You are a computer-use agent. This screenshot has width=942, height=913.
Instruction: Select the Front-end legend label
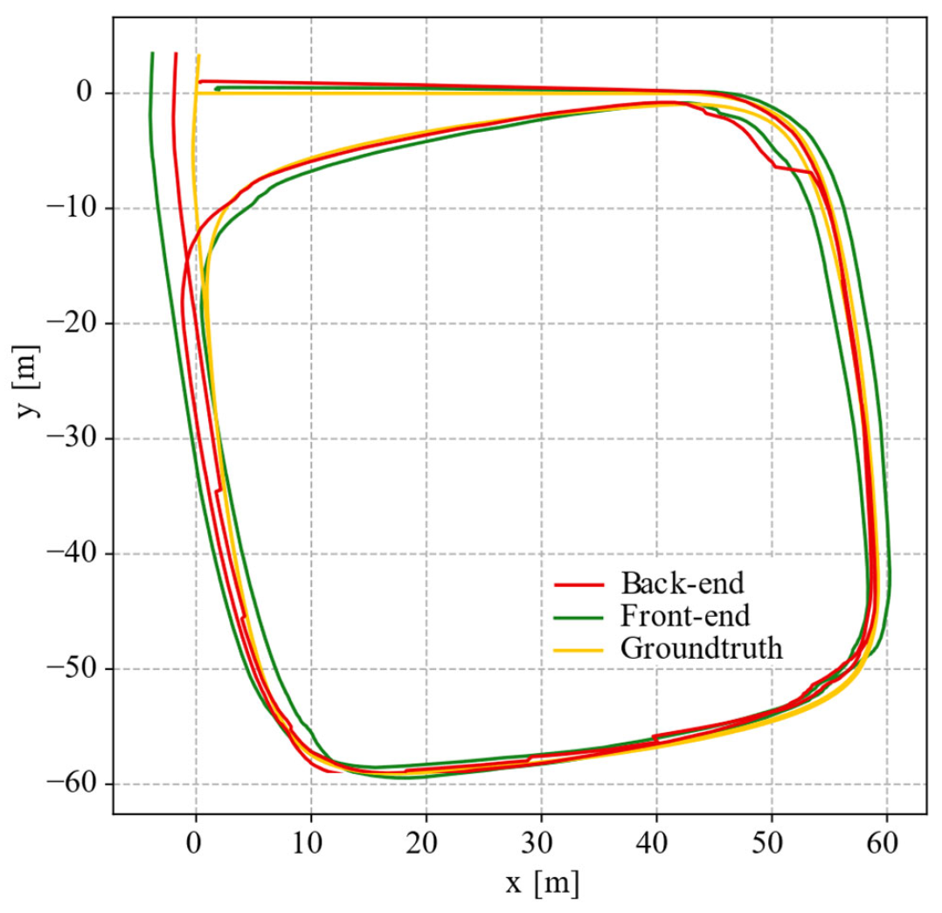tap(684, 616)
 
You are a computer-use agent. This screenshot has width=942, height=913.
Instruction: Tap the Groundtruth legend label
tap(701, 649)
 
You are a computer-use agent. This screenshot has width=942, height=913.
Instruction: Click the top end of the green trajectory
tap(152, 53)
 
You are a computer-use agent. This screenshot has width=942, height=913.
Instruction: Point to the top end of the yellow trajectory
tap(199, 56)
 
